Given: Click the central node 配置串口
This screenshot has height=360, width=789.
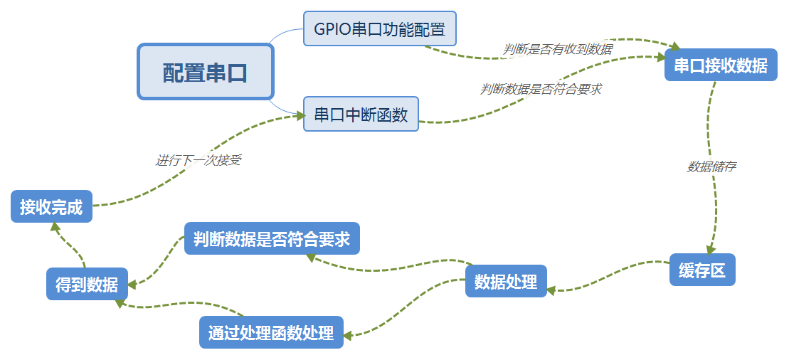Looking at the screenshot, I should [x=205, y=72].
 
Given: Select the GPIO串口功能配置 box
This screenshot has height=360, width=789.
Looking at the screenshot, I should [x=379, y=29].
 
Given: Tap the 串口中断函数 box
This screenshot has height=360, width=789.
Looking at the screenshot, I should [x=361, y=115].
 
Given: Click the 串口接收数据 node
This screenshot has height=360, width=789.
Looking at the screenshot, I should [x=721, y=65].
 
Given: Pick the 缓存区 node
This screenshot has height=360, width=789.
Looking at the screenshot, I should [x=701, y=270].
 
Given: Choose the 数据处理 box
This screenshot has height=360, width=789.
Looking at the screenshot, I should [x=506, y=281].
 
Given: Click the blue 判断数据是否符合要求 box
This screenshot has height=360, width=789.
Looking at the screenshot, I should [x=272, y=239].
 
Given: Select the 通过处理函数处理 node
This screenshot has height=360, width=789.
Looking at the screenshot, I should [x=271, y=332].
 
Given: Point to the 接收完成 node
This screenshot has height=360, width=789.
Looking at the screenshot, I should [x=51, y=207].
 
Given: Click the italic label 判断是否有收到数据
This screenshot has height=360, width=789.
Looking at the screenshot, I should [x=557, y=48].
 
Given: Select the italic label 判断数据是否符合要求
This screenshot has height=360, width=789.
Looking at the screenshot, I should [x=541, y=89].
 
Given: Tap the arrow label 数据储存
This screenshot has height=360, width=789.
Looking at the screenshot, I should [x=711, y=167].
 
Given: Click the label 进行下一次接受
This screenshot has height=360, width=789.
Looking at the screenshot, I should [x=198, y=160].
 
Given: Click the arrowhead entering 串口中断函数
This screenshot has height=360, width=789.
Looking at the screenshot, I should [x=300, y=115].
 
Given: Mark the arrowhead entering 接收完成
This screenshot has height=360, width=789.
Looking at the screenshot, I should [x=55, y=226].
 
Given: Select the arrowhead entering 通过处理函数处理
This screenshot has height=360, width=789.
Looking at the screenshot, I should [x=349, y=334].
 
